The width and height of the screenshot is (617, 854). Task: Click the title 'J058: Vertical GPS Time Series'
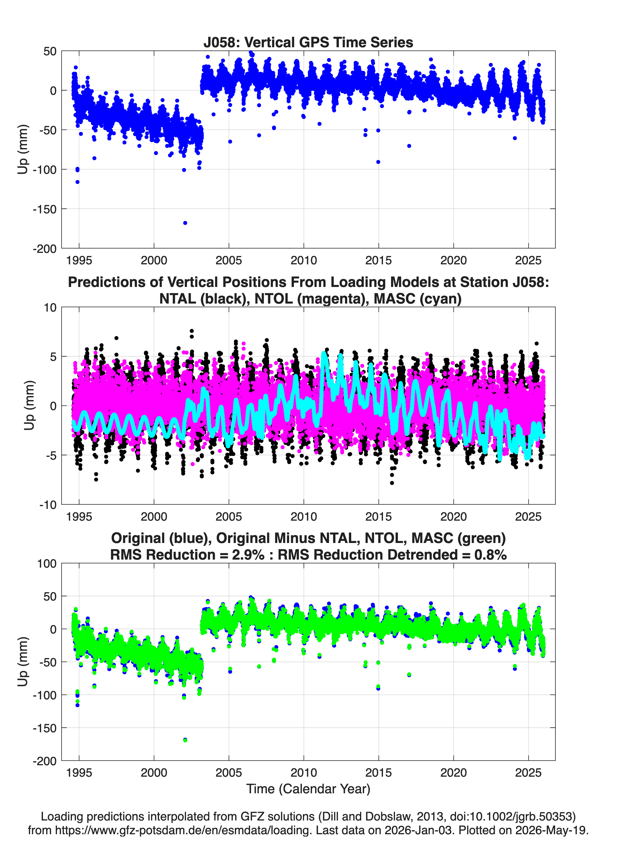coord(308,42)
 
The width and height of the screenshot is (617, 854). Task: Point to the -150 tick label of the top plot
coord(44,209)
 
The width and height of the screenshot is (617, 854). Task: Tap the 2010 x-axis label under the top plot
coord(304,260)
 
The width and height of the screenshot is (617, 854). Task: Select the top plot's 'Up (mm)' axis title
coord(23,149)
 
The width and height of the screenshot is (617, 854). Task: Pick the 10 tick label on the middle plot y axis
coord(50,308)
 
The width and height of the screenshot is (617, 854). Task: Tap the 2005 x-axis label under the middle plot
coord(229,517)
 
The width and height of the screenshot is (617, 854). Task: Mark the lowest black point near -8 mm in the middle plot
coord(392,483)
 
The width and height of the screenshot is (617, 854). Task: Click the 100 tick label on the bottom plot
coord(47,564)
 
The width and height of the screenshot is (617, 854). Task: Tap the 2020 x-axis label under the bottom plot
coord(453,773)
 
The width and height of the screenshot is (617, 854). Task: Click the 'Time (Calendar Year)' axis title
coord(308,789)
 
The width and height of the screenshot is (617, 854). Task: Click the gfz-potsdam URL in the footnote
coord(183,830)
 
